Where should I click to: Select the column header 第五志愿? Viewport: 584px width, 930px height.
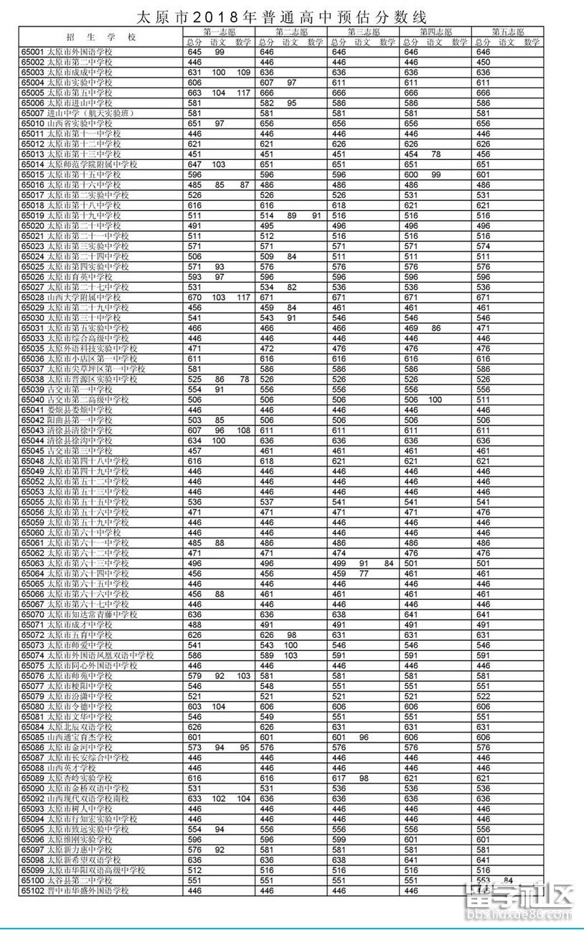[x=507, y=32]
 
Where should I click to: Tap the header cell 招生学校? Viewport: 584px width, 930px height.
[x=100, y=37]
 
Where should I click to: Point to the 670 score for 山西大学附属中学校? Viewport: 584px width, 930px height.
[x=194, y=297]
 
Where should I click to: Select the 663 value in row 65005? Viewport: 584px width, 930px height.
[x=194, y=93]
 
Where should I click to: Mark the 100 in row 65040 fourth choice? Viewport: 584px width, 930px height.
[x=435, y=399]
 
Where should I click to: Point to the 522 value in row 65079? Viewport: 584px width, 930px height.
[x=484, y=696]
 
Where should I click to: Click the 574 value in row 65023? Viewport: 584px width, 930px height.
[x=484, y=246]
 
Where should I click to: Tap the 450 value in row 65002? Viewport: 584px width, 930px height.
[x=484, y=62]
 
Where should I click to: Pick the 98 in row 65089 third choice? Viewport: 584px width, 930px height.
[x=364, y=778]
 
